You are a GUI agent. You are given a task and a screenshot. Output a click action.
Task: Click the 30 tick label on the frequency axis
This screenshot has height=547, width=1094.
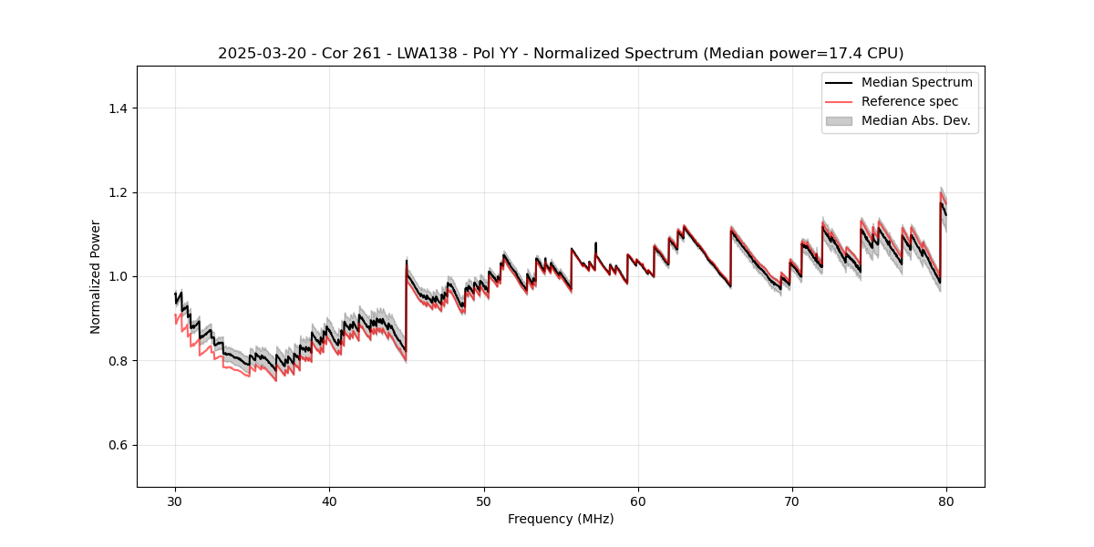point(176,501)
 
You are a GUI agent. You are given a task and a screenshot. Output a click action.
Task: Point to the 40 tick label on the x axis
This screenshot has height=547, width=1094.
point(330,501)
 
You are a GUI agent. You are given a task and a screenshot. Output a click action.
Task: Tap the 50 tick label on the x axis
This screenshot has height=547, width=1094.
point(484,501)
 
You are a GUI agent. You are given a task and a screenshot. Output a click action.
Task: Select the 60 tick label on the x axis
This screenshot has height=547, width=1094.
point(638,501)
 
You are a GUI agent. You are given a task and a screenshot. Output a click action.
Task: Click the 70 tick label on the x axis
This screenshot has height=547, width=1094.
point(792,501)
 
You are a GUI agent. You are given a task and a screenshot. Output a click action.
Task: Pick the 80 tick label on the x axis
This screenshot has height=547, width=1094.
point(946,501)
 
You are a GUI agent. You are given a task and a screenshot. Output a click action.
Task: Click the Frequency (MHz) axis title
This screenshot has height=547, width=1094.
point(561,519)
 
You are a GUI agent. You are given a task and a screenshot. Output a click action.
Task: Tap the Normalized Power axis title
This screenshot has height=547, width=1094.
point(96,276)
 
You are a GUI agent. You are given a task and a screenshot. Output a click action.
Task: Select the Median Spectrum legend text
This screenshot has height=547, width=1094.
point(916,82)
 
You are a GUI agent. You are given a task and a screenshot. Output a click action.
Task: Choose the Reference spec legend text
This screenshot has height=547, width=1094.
point(909,101)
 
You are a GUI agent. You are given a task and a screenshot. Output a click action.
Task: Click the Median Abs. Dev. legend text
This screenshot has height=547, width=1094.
point(915,120)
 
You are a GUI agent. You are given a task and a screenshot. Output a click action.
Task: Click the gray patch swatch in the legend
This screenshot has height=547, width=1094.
point(839,120)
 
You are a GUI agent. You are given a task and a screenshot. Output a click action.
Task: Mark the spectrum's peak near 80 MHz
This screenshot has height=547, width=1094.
point(941,202)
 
